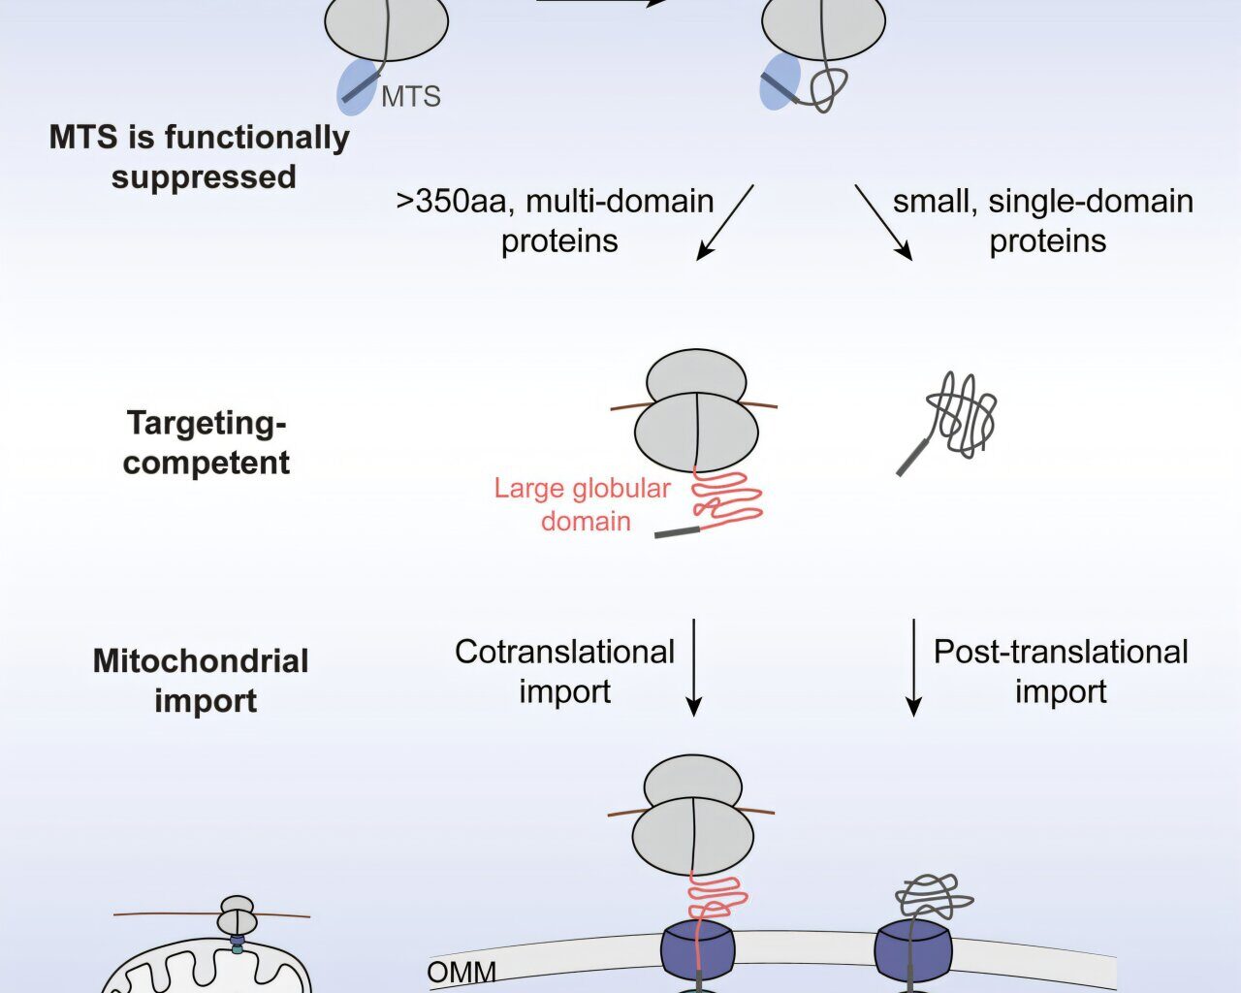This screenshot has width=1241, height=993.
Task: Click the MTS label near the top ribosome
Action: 411,96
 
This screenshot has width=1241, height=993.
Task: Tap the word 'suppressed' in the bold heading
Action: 204,177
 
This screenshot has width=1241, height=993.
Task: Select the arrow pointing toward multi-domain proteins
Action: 724,222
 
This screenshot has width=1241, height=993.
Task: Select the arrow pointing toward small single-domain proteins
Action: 883,222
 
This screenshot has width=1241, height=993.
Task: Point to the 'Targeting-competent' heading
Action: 207,442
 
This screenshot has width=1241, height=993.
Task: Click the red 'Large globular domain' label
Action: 583,504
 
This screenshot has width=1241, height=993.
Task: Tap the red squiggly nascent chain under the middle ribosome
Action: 727,499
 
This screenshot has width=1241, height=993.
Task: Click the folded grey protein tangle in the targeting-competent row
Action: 960,415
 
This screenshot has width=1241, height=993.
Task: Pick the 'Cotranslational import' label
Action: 564,671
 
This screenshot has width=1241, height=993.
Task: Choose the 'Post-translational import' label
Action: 1061,671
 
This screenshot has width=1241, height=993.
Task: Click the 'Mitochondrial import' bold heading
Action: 202,681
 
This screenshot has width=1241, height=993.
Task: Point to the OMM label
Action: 461,972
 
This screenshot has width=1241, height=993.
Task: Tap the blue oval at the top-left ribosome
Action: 356,85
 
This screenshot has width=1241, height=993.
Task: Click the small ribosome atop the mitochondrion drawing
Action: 237,914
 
